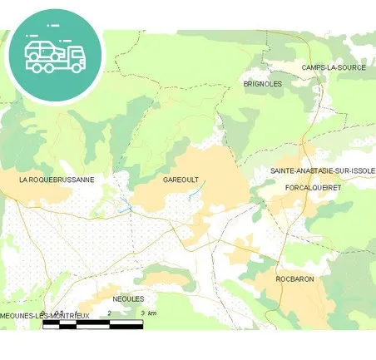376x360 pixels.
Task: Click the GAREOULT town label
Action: (181, 180)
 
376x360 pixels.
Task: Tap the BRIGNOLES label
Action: (262, 84)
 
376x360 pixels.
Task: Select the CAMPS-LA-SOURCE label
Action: (334, 67)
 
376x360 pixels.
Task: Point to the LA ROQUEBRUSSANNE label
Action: (57, 179)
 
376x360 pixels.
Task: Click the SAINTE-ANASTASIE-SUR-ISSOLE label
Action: (323, 170)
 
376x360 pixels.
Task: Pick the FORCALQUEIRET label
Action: (313, 188)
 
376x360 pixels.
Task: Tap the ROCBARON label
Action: (294, 279)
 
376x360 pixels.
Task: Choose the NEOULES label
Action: (128, 298)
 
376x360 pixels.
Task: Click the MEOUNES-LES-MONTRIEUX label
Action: (44, 316)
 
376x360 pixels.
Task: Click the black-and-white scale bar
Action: (92, 324)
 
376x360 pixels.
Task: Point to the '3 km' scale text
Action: (149, 313)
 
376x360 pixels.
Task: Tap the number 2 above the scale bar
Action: (110, 313)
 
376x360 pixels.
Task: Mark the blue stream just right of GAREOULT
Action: (197, 190)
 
